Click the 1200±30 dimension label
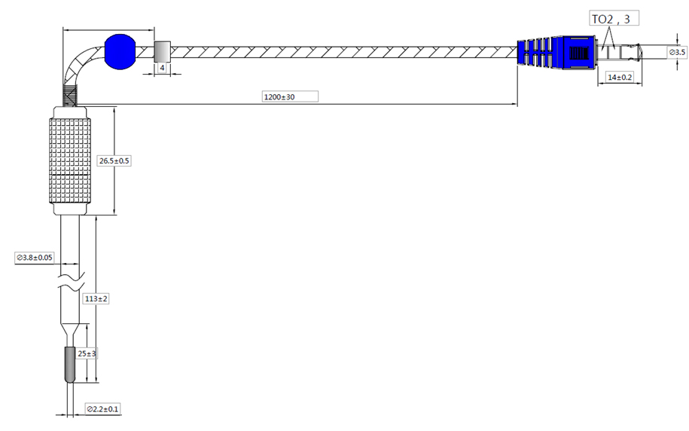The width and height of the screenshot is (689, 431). tap(290, 96)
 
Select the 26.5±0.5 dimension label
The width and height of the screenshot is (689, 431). tap(114, 161)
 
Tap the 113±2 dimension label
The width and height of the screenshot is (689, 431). tap(96, 299)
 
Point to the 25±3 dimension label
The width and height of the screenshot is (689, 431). tap(87, 353)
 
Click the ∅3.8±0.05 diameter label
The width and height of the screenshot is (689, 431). tap(35, 258)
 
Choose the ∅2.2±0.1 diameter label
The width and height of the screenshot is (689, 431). tap(102, 409)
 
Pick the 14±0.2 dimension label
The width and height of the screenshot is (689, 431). tap(620, 78)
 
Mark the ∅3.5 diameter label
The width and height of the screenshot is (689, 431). tap(677, 52)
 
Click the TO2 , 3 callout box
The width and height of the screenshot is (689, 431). tap(614, 19)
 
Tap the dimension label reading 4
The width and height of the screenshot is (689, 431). tap(162, 68)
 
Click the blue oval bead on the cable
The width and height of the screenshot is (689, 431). tap(120, 52)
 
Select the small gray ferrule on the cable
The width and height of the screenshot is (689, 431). tap(162, 52)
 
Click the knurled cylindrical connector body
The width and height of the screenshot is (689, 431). tap(70, 161)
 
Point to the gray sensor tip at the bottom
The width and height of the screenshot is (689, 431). tap(70, 365)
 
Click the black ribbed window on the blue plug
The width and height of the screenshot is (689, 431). tap(579, 53)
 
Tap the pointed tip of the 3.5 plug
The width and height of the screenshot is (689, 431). tap(642, 52)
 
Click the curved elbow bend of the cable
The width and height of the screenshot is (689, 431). tap(79, 66)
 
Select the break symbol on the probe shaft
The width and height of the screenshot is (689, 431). tap(71, 283)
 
